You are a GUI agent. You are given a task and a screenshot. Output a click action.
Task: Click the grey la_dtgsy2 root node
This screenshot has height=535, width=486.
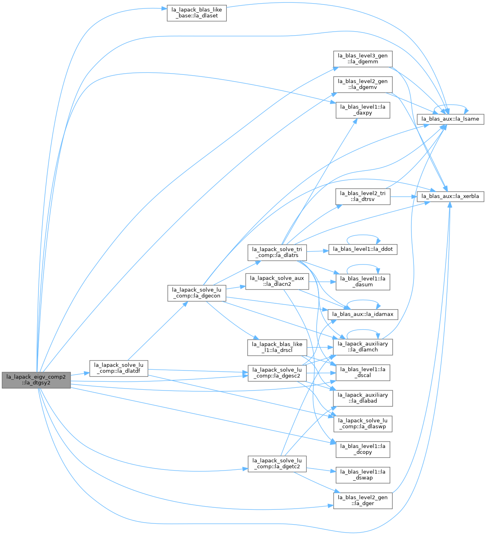tap(36, 380)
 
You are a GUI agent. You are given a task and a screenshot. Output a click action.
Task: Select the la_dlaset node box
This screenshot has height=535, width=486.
tap(197, 13)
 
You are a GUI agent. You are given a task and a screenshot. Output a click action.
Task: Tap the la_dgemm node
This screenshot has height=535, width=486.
tap(363, 59)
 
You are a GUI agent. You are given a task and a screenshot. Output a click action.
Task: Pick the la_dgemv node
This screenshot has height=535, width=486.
tap(363, 84)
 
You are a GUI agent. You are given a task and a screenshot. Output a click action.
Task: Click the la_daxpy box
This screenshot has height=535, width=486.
tap(363, 110)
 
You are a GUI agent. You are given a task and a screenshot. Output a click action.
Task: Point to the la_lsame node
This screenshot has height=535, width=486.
tap(450, 119)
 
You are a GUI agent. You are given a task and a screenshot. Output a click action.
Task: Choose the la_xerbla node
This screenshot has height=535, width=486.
tap(450, 196)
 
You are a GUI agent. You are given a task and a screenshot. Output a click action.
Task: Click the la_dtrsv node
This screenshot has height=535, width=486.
tap(363, 196)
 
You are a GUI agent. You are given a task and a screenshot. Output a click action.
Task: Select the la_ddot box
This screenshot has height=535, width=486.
tap(363, 249)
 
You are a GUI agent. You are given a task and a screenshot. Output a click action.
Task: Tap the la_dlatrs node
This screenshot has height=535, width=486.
tap(277, 252)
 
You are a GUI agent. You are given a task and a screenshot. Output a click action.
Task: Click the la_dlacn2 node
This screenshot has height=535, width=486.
tap(277, 281)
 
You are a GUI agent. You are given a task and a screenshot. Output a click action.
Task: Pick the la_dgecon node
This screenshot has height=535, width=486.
tap(197, 293)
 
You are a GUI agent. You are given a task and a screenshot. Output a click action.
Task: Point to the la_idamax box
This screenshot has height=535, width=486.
tap(363, 315)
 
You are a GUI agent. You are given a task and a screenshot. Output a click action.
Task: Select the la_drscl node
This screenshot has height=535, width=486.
tap(277, 347)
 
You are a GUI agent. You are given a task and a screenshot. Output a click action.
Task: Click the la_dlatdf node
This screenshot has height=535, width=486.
tap(119, 369)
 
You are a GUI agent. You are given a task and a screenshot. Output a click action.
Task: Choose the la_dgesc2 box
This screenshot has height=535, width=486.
tap(277, 373)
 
